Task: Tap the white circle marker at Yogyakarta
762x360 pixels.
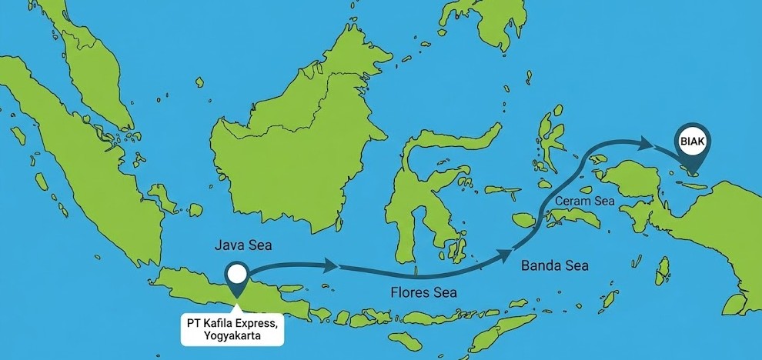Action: (x=237, y=273)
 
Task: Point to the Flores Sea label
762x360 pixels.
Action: (x=423, y=292)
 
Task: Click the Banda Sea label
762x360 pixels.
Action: (x=555, y=266)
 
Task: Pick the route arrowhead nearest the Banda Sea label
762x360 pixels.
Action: (x=506, y=254)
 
